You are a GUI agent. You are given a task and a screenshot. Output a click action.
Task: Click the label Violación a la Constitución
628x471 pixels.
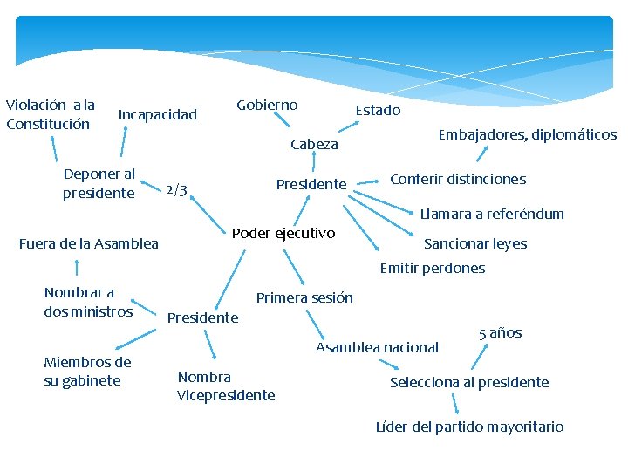pyautogui.click(x=50, y=114)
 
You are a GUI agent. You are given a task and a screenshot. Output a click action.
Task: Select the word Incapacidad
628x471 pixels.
pyautogui.click(x=158, y=114)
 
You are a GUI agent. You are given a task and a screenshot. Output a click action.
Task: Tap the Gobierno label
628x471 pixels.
pyautogui.click(x=267, y=105)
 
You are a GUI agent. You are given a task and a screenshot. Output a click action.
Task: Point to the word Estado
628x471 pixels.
pyautogui.click(x=378, y=110)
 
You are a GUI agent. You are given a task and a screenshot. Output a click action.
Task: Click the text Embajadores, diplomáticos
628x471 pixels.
pyautogui.click(x=527, y=134)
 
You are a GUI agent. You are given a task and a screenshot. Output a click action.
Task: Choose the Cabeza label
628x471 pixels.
pyautogui.click(x=314, y=144)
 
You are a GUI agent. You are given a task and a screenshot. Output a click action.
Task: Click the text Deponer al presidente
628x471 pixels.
pyautogui.click(x=99, y=183)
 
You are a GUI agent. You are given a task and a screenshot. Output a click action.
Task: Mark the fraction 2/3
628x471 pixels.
pyautogui.click(x=176, y=190)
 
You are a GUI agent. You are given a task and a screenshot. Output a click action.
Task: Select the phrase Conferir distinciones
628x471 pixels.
pyautogui.click(x=458, y=179)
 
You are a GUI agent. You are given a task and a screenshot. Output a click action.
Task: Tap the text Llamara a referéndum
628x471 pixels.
pyautogui.click(x=492, y=214)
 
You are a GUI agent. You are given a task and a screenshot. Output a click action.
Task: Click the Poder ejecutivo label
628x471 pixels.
pyautogui.click(x=283, y=233)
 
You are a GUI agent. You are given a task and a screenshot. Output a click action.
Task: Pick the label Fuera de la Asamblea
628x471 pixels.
pyautogui.click(x=89, y=243)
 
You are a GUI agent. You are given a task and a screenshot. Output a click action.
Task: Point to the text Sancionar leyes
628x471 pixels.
pyautogui.click(x=475, y=243)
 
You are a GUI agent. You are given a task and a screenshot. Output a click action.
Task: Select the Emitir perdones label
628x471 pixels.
pyautogui.click(x=433, y=268)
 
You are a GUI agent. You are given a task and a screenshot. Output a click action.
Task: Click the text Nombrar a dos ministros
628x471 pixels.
pyautogui.click(x=88, y=302)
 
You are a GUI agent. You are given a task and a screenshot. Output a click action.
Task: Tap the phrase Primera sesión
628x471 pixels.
pyautogui.click(x=304, y=297)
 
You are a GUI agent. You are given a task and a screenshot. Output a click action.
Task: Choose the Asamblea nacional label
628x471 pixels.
pyautogui.click(x=377, y=347)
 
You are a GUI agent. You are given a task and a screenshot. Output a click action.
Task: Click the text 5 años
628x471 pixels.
pyautogui.click(x=501, y=332)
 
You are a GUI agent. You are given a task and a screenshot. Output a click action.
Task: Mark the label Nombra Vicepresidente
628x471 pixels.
pyautogui.click(x=226, y=386)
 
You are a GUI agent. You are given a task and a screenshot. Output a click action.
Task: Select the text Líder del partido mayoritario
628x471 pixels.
pyautogui.click(x=469, y=427)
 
